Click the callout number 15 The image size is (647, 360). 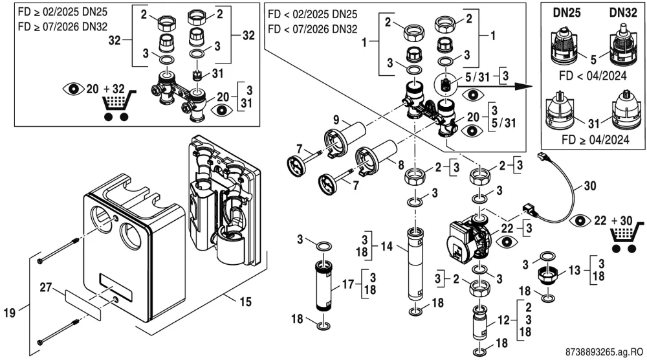(x=245, y=302)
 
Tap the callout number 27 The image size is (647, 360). (x=46, y=287)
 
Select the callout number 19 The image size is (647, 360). (x=10, y=313)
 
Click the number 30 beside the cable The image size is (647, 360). (x=590, y=186)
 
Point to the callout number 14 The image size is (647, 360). (x=387, y=247)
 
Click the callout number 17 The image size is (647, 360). (x=348, y=284)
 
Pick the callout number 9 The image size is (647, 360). (x=336, y=120)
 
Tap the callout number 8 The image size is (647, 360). (x=400, y=165)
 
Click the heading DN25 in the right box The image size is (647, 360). (x=567, y=13)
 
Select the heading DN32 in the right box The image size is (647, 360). (x=623, y=13)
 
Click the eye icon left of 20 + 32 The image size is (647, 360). (x=73, y=89)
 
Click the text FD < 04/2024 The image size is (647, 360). (x=593, y=76)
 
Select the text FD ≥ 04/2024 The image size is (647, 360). (x=595, y=140)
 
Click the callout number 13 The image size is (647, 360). (x=575, y=271)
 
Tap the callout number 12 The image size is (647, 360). (x=504, y=320)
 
